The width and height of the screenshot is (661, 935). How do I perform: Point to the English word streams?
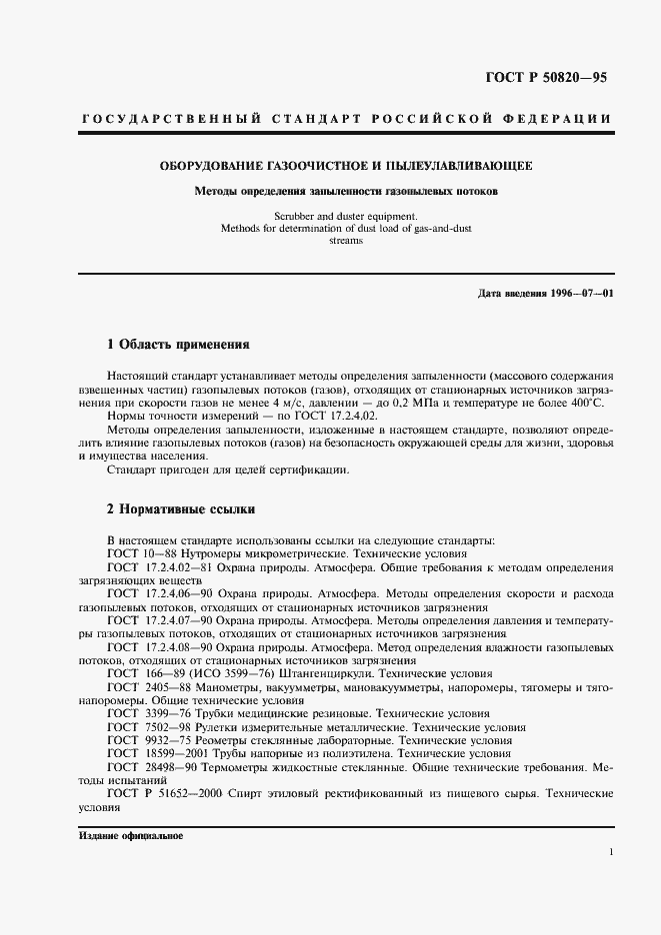[345, 241]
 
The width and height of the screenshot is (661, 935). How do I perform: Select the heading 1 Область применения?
[177, 345]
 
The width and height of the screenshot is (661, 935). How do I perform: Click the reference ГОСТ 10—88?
[142, 553]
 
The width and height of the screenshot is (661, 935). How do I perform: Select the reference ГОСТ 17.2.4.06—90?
[164, 594]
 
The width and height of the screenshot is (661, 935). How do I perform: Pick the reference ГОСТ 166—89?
[146, 674]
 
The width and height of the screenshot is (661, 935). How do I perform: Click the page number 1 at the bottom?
[610, 852]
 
